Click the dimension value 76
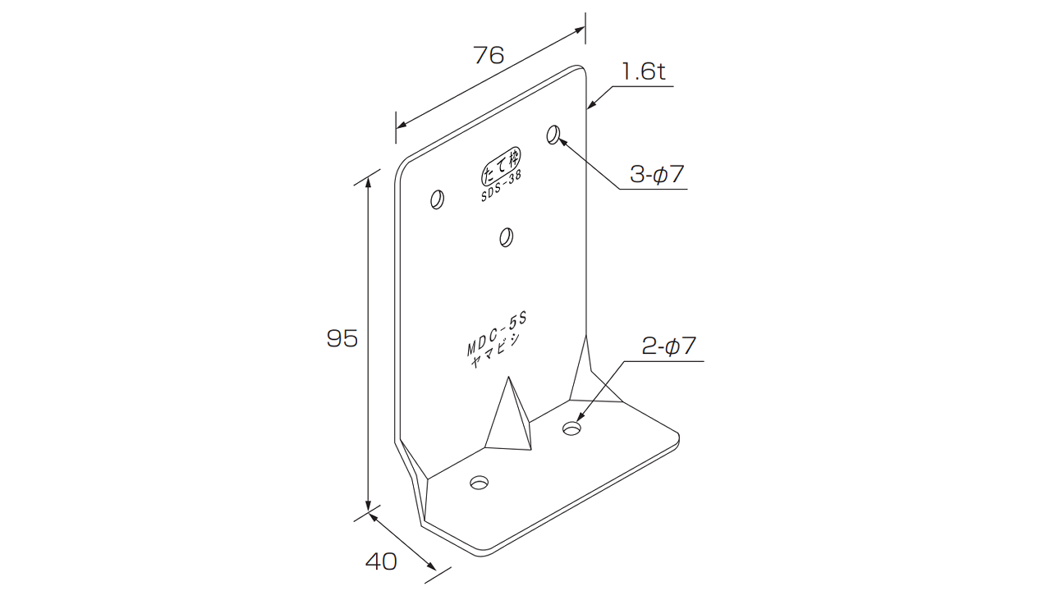[x=489, y=55]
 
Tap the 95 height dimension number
[x=342, y=338]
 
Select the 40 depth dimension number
[x=381, y=561]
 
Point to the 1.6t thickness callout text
[x=643, y=71]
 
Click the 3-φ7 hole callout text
[x=656, y=175]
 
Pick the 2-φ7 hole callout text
[x=668, y=346]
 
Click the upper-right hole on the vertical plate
[x=553, y=135]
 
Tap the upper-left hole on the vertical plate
[x=438, y=199]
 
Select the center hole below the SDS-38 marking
[x=507, y=237]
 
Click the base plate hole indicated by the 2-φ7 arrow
[x=571, y=428]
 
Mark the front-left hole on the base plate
[x=479, y=483]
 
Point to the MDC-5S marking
[x=497, y=333]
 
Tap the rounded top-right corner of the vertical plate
[x=581, y=70]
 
